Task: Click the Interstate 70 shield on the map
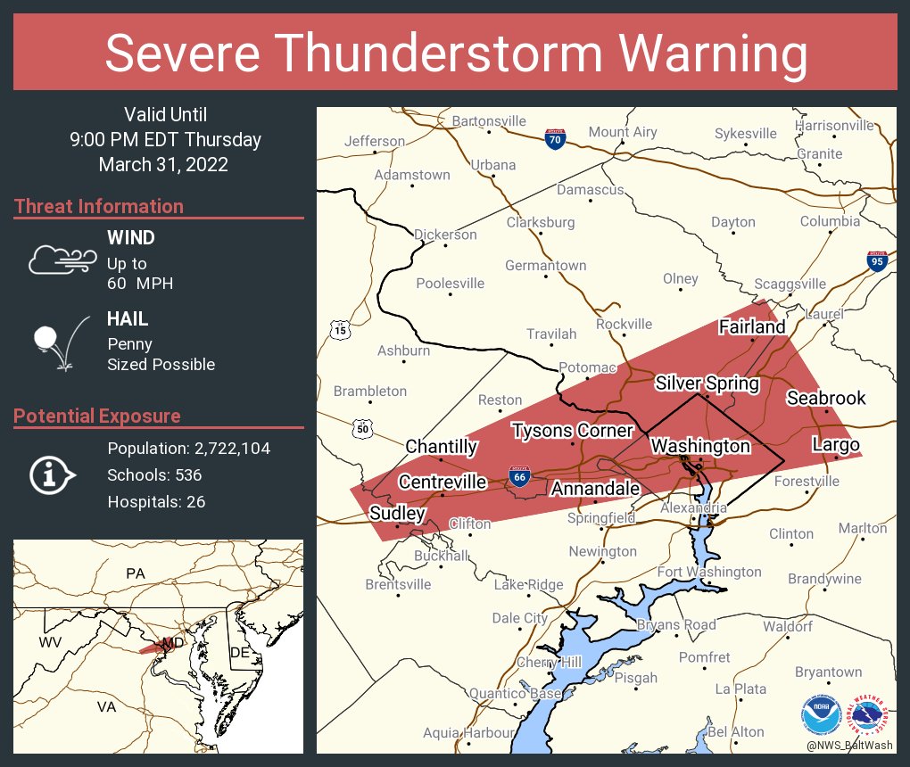click(x=555, y=138)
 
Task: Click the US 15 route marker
click(x=339, y=330)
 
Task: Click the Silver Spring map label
click(x=707, y=383)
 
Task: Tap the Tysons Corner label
click(x=572, y=432)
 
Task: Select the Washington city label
click(x=700, y=445)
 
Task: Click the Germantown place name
click(x=545, y=265)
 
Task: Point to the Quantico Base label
click(x=515, y=693)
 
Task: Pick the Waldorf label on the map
click(x=787, y=626)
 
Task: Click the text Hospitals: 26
click(x=156, y=501)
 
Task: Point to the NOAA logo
click(x=821, y=715)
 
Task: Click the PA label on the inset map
click(x=135, y=573)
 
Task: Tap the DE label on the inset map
click(x=239, y=653)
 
